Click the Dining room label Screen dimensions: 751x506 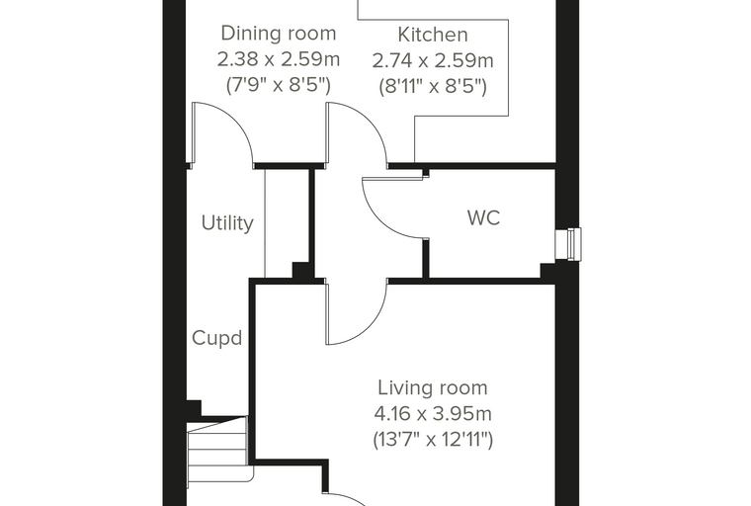click(x=279, y=34)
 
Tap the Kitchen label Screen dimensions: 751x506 click(x=433, y=35)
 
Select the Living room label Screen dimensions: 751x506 click(x=433, y=387)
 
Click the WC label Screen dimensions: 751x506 click(x=484, y=218)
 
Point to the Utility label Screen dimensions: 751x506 click(x=227, y=223)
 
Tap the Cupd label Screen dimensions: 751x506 click(x=216, y=338)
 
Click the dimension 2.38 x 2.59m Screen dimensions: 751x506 click(x=279, y=59)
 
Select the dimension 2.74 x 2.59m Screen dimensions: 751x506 click(x=433, y=61)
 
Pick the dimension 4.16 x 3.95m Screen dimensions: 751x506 click(x=433, y=413)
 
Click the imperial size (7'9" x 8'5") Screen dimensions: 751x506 click(x=279, y=85)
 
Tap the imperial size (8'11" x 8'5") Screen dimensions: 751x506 click(x=433, y=87)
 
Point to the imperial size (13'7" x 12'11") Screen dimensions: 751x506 click(x=433, y=440)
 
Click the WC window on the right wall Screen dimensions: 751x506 click(x=568, y=244)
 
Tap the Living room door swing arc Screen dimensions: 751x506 click(x=372, y=326)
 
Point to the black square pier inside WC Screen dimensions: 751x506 click(x=547, y=270)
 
